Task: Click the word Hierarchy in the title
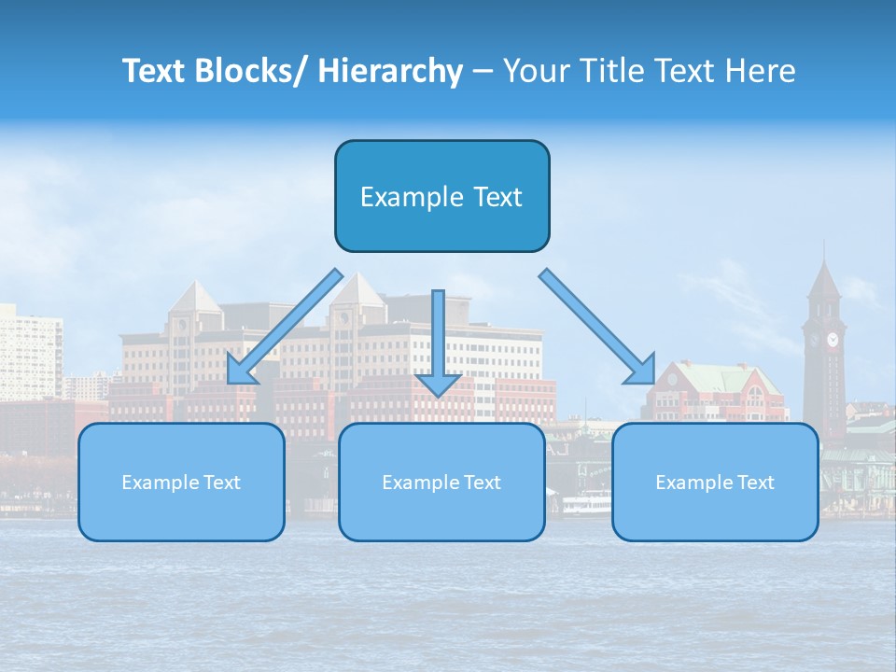390,71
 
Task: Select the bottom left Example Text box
181,483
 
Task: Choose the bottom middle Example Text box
441,483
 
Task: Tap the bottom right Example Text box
715,483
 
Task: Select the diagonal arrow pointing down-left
286,326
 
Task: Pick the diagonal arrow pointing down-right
597,326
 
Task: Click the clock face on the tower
831,339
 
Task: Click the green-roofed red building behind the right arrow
719,387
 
